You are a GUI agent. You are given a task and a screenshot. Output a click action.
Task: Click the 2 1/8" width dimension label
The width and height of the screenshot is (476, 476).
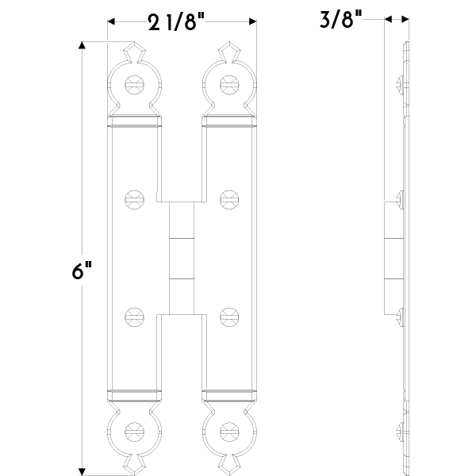[176, 22]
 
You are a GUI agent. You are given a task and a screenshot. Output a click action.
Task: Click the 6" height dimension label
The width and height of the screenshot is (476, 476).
[82, 271]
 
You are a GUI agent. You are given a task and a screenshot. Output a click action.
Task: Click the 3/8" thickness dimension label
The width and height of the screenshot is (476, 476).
[341, 19]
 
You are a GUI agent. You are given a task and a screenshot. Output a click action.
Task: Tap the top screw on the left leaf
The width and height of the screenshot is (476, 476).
[134, 85]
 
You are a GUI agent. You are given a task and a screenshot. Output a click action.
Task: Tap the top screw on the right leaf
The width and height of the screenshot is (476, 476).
[229, 85]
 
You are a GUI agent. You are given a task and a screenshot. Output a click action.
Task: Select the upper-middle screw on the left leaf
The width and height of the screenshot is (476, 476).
[134, 199]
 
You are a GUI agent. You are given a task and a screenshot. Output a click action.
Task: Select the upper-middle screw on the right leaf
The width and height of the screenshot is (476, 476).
[229, 199]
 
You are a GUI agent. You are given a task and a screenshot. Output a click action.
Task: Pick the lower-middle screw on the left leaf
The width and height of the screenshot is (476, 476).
[134, 317]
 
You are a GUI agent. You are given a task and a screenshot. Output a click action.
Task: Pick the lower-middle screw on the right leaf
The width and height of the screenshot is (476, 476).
[229, 317]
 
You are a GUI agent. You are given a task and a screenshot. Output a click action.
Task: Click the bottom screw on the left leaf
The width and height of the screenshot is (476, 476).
[134, 432]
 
